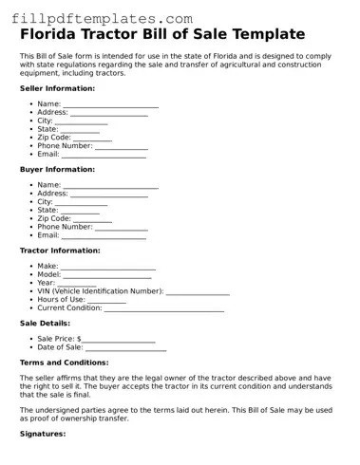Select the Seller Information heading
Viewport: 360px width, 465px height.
(57, 88)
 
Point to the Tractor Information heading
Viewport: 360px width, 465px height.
(60, 251)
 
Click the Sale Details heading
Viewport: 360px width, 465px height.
(45, 323)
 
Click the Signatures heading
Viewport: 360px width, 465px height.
(43, 434)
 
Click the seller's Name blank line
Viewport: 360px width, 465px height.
(110, 105)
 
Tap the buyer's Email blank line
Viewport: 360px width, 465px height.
(109, 236)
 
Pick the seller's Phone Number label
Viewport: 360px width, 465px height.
(65, 145)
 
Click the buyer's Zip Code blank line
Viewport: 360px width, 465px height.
(93, 219)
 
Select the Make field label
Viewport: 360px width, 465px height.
(47, 267)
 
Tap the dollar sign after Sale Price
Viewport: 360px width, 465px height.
(78, 339)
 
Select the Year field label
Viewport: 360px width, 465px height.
(46, 284)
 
